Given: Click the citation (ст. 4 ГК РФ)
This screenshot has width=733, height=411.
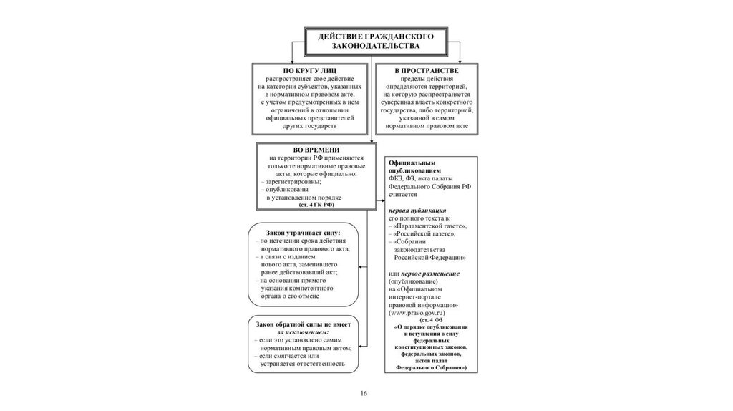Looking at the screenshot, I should click(316, 205).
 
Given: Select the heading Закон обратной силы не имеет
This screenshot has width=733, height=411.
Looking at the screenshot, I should click(304, 324).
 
